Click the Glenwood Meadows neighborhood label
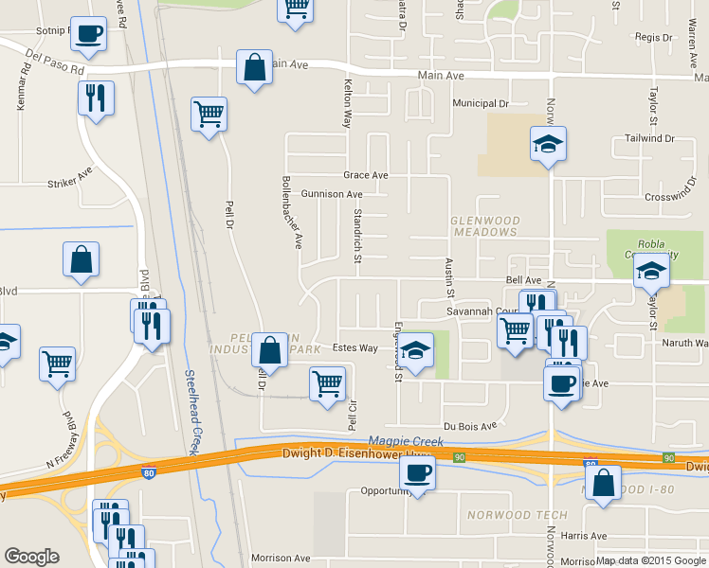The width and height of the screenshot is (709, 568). pyautogui.click(x=483, y=225)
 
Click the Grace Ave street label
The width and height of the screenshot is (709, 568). pyautogui.click(x=366, y=175)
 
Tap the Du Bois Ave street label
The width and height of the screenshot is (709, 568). pyautogui.click(x=470, y=427)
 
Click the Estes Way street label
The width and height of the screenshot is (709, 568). pyautogui.click(x=354, y=348)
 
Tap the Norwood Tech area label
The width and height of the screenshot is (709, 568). pyautogui.click(x=517, y=515)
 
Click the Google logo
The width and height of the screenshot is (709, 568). pyautogui.click(x=31, y=557)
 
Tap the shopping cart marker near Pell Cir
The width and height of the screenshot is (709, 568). pyautogui.click(x=327, y=384)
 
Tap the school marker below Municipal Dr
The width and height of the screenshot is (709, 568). pyautogui.click(x=548, y=144)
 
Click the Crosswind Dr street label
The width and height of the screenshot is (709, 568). pyautogui.click(x=671, y=197)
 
